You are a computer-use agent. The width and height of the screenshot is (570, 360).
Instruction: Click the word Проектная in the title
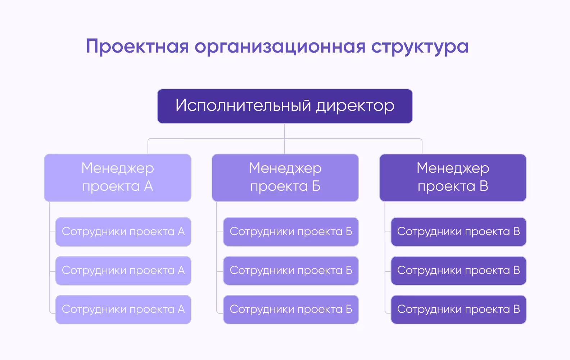(x=137, y=47)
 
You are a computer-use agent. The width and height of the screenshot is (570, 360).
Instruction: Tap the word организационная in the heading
(x=280, y=47)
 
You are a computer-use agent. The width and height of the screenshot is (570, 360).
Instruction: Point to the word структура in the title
(x=420, y=47)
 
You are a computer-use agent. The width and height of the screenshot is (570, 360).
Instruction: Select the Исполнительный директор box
(x=285, y=106)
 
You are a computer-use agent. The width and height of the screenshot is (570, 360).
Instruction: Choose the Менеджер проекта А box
(x=118, y=177)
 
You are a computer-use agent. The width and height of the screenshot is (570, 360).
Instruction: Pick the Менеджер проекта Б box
(x=285, y=177)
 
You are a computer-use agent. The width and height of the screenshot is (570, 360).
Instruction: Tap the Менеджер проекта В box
(x=453, y=177)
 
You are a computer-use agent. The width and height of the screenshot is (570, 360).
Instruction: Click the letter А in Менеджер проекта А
(x=149, y=186)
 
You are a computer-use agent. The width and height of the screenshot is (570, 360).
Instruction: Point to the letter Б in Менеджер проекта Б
(x=316, y=186)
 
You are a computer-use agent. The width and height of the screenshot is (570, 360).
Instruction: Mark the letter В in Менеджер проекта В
(x=484, y=186)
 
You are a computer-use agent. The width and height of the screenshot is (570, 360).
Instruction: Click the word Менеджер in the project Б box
(x=285, y=168)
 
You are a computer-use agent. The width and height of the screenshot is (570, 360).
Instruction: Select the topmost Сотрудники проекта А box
(x=123, y=231)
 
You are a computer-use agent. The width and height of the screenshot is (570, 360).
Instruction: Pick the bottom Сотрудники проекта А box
(x=123, y=309)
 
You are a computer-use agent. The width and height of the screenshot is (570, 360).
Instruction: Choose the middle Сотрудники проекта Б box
(x=291, y=270)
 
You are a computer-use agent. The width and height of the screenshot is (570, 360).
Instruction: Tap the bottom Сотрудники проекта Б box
(x=291, y=309)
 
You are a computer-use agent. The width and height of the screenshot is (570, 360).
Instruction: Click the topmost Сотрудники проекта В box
(x=458, y=231)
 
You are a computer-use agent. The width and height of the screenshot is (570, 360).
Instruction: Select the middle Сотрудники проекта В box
(x=458, y=270)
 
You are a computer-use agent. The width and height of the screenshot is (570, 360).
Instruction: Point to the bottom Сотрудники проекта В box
(x=458, y=309)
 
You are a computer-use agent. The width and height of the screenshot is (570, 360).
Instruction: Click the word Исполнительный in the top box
(x=243, y=106)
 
